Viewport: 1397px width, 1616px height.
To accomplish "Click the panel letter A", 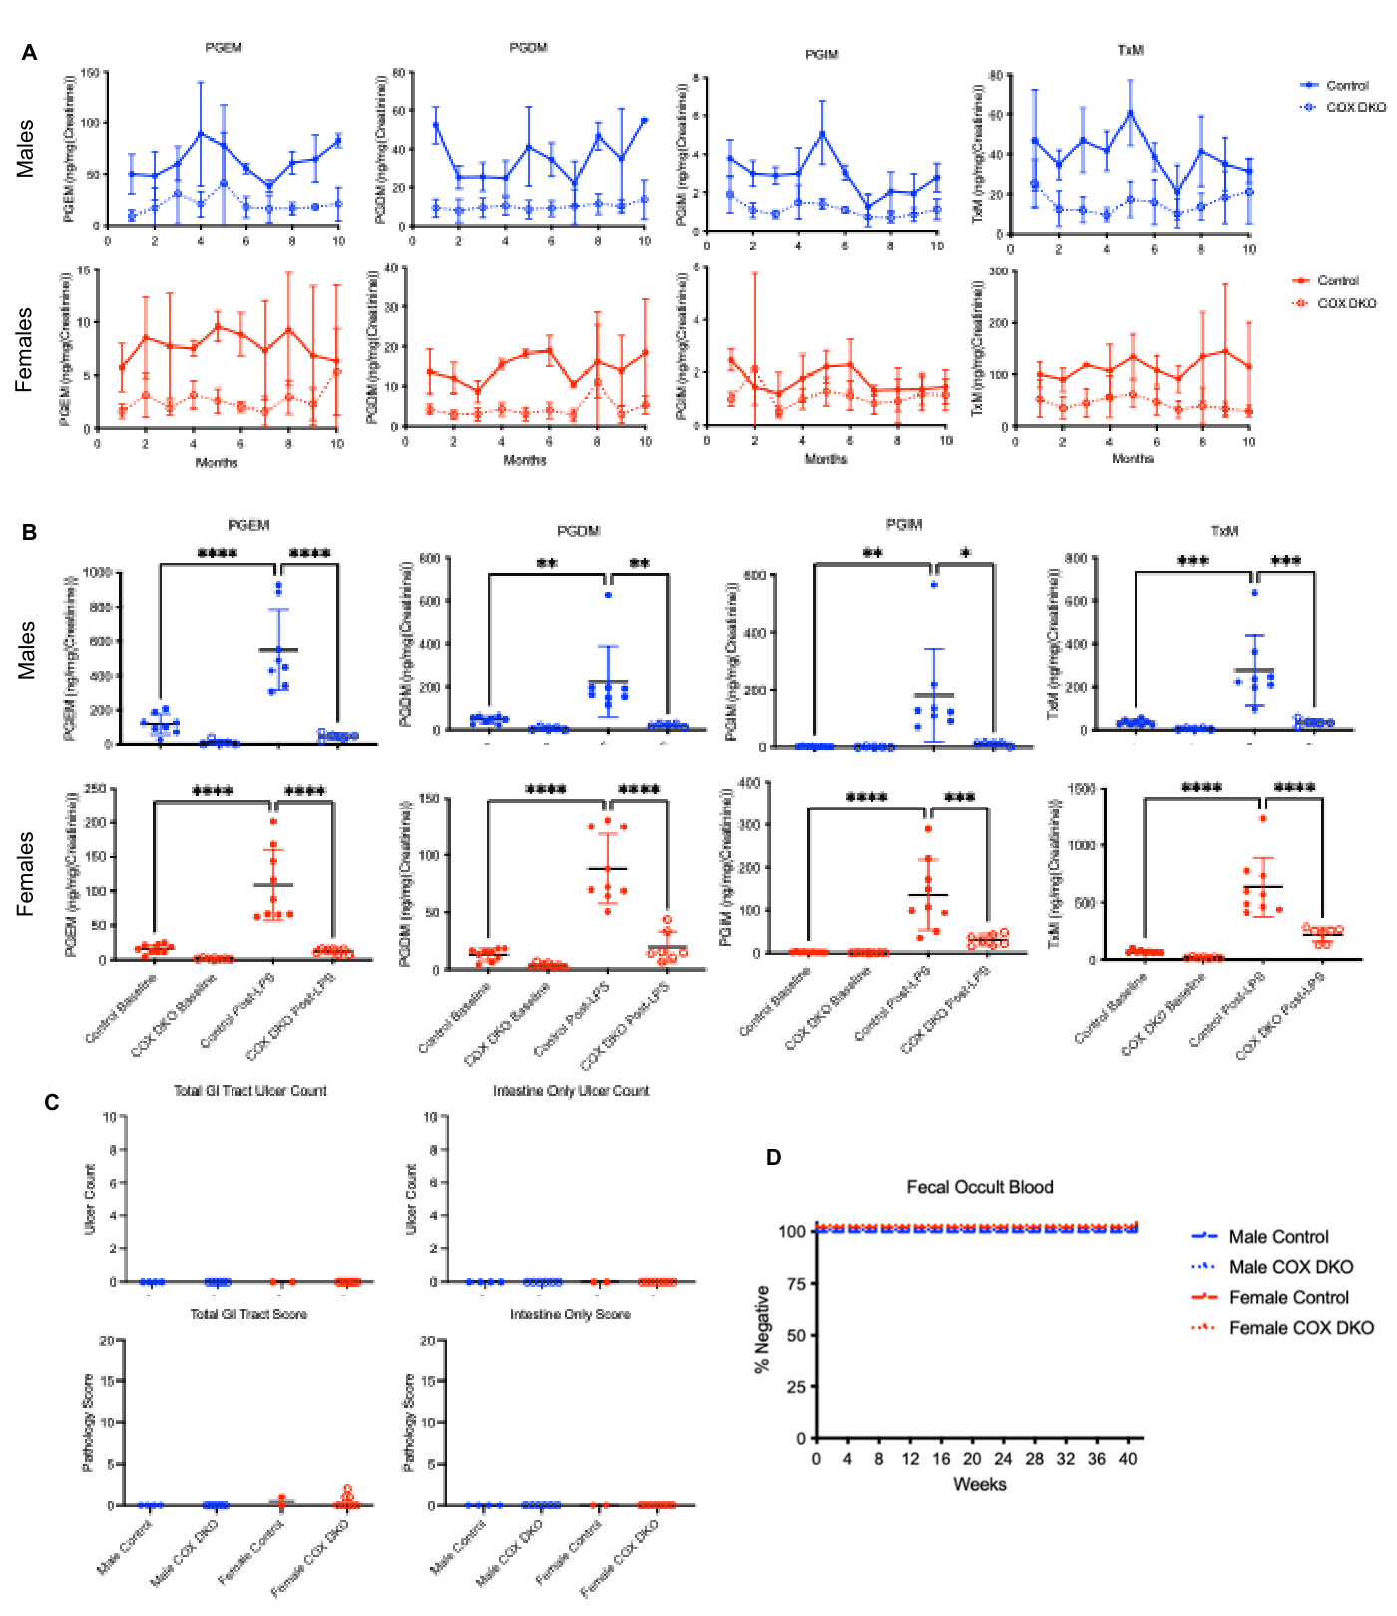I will click(30, 53).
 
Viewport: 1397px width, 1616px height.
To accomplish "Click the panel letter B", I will click(30, 532).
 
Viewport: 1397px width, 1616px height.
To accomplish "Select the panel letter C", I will click(52, 1102).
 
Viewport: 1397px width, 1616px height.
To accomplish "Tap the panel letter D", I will click(773, 1157).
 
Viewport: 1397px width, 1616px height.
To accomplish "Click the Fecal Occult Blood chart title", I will click(979, 1187).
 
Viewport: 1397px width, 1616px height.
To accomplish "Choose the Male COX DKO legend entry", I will click(1290, 1267).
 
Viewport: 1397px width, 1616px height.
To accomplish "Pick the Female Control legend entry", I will click(1288, 1297).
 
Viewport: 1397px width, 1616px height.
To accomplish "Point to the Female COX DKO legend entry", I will click(1300, 1328).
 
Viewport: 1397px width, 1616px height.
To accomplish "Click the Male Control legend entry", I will click(1278, 1237).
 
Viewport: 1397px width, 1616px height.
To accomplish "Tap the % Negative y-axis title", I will click(763, 1330).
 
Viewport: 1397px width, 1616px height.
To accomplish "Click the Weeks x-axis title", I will click(979, 1484).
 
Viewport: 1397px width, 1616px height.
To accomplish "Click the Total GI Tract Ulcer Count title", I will click(249, 1091).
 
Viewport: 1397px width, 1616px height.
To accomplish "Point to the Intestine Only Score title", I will click(570, 1314).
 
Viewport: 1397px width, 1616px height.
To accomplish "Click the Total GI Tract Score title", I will click(248, 1314).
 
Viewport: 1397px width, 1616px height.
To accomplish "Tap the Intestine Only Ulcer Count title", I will click(571, 1091).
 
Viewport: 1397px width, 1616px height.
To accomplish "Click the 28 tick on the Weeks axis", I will click(1035, 1458).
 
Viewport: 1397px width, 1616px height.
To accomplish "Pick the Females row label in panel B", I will click(26, 873).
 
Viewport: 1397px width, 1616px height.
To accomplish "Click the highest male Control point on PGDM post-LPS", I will click(608, 595).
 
